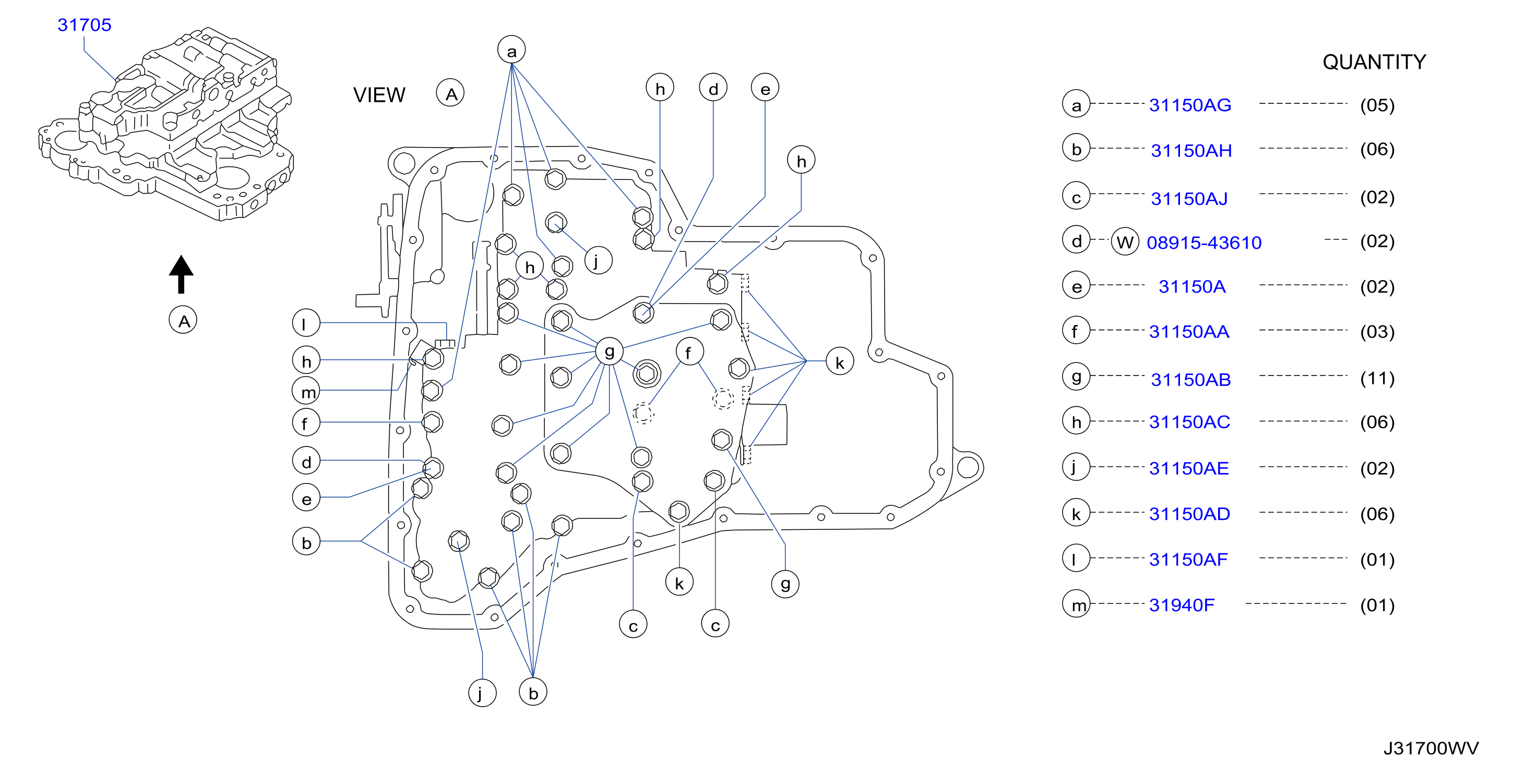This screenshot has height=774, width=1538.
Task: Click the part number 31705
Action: pos(84,25)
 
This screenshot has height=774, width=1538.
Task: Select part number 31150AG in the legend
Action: pos(1190,105)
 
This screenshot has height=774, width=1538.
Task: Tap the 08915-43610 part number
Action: pos(1204,243)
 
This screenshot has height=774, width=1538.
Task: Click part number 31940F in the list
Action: pos(1182,605)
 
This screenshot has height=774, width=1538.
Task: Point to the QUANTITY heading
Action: pos(1374,62)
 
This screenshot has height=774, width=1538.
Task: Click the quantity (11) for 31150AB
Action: pos(1377,378)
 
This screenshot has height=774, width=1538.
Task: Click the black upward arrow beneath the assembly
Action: pos(181,274)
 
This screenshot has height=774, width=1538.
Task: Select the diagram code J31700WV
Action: pos(1431,748)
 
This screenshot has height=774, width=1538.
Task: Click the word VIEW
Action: pos(379,95)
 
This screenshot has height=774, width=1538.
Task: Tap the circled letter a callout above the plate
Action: pos(511,50)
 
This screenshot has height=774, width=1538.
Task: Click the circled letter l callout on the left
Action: pos(306,323)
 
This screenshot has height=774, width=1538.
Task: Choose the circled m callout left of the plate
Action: pos(306,392)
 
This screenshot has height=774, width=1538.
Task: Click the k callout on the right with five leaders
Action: pos(839,361)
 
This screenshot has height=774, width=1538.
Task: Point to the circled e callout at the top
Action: pos(765,88)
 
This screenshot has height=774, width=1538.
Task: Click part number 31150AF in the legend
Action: pos(1188,560)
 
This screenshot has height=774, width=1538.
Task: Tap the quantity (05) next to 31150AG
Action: pos(1377,106)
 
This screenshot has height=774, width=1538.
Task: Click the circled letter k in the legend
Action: pos(1077,513)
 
